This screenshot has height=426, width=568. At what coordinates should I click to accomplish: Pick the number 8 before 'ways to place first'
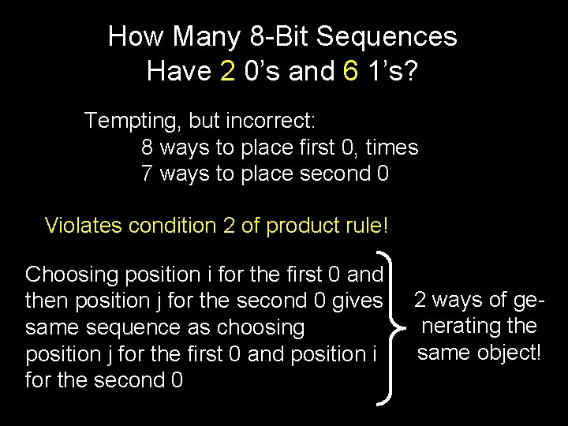[x=148, y=148]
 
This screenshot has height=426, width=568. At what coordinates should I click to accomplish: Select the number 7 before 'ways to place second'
[x=148, y=174]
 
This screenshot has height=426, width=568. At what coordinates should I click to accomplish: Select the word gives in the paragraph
[x=360, y=301]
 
